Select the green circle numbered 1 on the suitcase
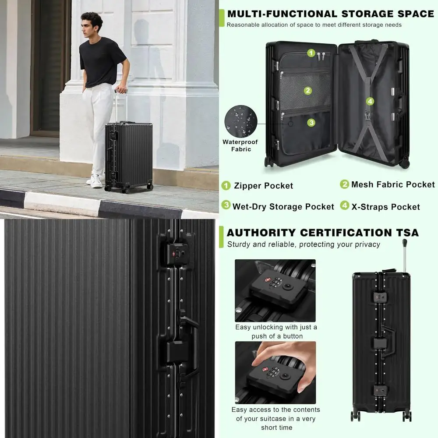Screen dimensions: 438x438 [311, 53]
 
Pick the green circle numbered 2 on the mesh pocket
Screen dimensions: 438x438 [308, 91]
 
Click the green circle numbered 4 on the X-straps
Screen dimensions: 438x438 [370, 102]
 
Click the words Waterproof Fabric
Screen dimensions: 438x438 [240, 145]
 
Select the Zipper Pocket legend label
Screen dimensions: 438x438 [263, 186]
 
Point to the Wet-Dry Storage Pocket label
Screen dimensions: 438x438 [283, 206]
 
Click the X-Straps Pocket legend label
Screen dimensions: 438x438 [385, 207]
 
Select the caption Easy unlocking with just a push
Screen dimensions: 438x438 [276, 332]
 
